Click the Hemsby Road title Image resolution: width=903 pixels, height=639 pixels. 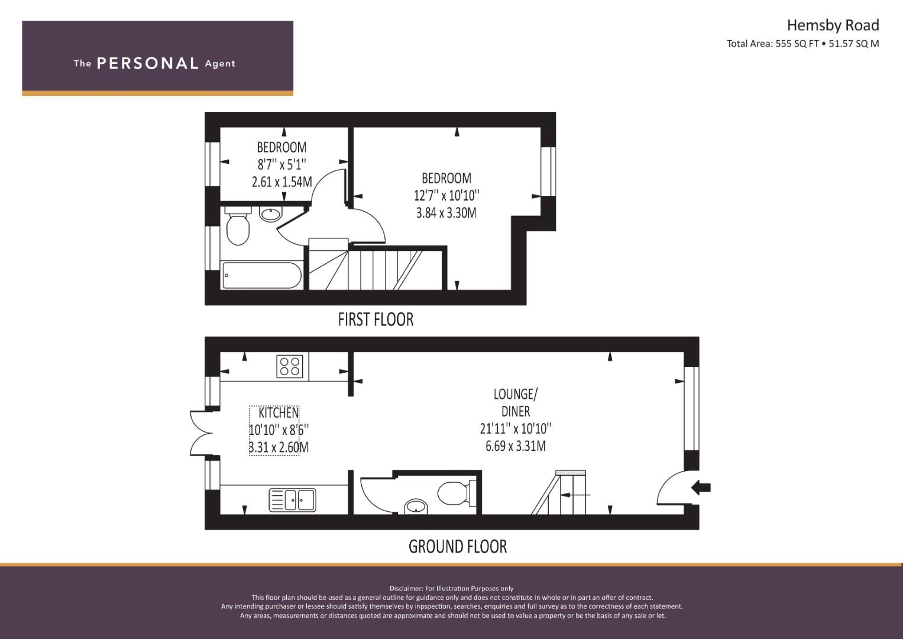[x=833, y=25]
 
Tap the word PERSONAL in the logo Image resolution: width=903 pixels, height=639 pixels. [x=148, y=63]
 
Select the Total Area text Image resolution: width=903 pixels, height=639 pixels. [x=802, y=44]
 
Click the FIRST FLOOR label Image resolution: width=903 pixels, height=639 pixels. [x=376, y=319]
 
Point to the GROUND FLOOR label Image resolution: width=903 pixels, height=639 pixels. [x=458, y=547]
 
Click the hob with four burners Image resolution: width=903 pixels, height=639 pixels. [x=289, y=366]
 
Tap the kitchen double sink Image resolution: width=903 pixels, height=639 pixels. [x=292, y=500]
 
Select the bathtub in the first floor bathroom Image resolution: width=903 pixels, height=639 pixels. [x=261, y=276]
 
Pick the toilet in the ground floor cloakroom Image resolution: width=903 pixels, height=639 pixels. [x=456, y=493]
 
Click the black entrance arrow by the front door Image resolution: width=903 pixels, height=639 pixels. [x=701, y=488]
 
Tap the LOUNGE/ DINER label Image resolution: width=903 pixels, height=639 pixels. [x=515, y=402]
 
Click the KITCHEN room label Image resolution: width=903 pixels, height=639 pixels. [x=278, y=413]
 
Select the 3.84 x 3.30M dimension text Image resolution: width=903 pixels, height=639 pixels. [x=446, y=213]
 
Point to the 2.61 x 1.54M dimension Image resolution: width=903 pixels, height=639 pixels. [x=282, y=182]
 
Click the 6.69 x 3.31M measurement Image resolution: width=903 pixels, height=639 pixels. [x=516, y=446]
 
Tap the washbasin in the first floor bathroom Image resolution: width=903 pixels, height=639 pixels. [x=270, y=214]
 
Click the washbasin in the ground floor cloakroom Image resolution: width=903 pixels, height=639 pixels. [x=416, y=506]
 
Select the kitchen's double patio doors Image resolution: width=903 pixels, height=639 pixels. [x=202, y=433]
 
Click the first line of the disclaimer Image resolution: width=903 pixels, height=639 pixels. [x=451, y=589]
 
